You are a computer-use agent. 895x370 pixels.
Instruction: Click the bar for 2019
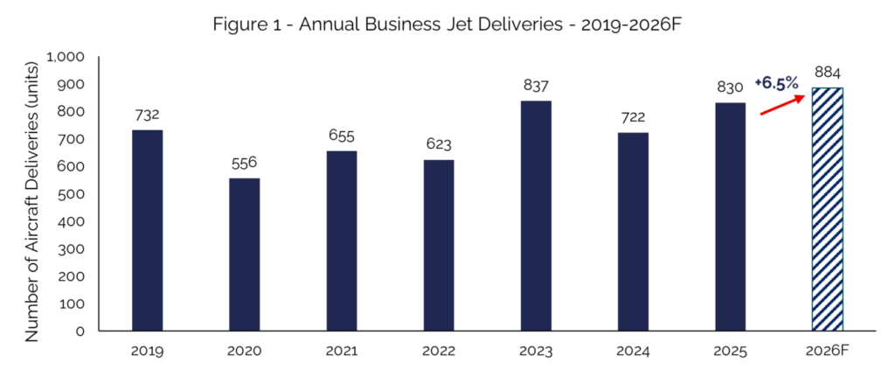coord(147,231)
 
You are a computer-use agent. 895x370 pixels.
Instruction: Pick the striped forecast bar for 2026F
coord(827,209)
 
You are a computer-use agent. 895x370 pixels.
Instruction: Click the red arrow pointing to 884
coord(781,106)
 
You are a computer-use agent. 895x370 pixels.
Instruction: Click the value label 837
coord(536,87)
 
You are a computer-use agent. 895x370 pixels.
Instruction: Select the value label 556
coord(244,164)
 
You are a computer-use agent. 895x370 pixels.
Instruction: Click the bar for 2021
coord(341,241)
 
